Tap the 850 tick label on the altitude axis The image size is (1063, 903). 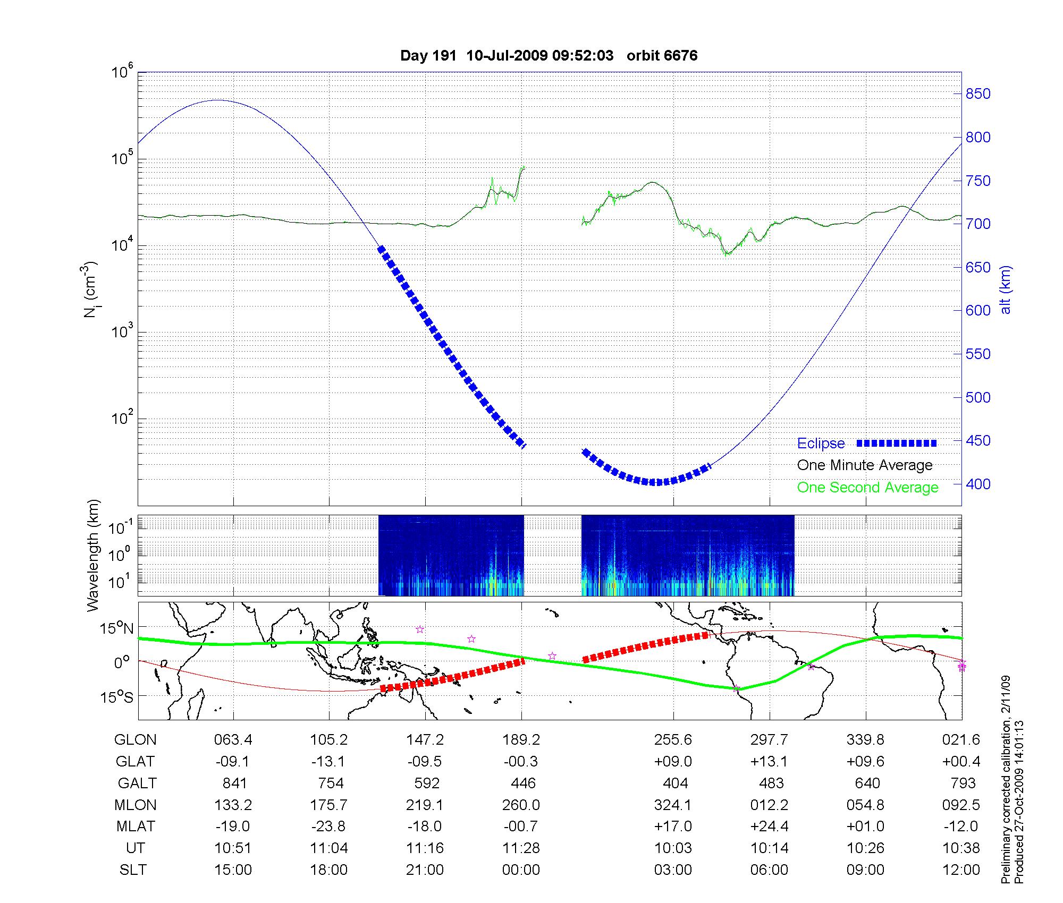coord(978,94)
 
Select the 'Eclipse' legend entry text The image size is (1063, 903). coord(821,444)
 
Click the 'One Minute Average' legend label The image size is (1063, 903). coord(865,465)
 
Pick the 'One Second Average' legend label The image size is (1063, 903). coord(867,488)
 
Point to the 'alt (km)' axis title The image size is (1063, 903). coord(1006,289)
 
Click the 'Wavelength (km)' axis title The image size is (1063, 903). coord(94,556)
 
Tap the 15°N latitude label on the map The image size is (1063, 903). coord(116,629)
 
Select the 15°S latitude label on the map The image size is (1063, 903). coord(116,696)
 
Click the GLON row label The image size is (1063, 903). coord(136,740)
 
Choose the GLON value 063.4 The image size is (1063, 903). coord(233,740)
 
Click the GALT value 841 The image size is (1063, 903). coord(234,783)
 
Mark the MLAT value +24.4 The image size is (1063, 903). coord(769,827)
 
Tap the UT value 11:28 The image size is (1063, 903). coord(521,848)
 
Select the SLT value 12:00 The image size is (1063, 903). coord(962,870)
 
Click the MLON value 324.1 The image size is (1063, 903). coord(672,805)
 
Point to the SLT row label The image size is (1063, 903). coord(133,870)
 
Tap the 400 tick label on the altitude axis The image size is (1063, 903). coord(978,484)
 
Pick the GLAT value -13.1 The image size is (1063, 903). coord(329,762)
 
